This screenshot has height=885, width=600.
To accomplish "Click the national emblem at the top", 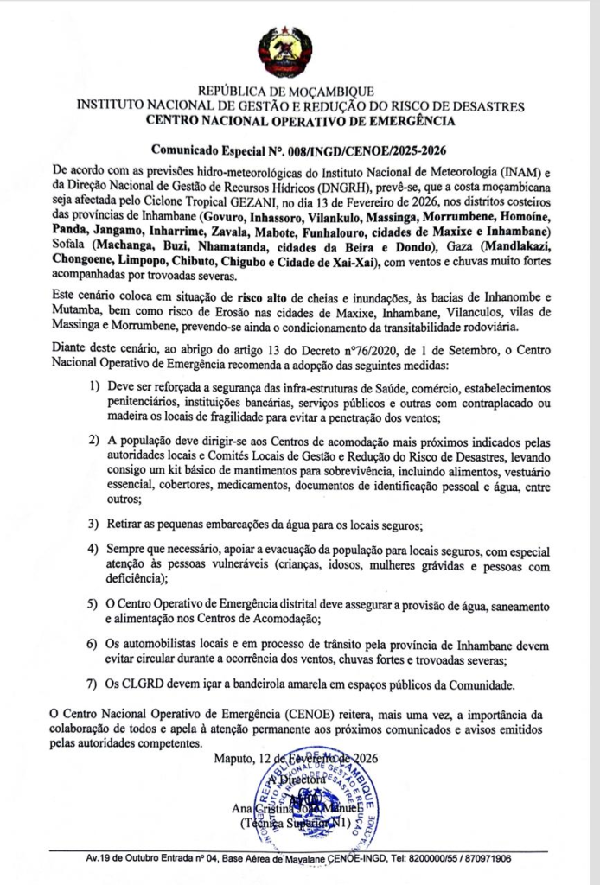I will [299, 53].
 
